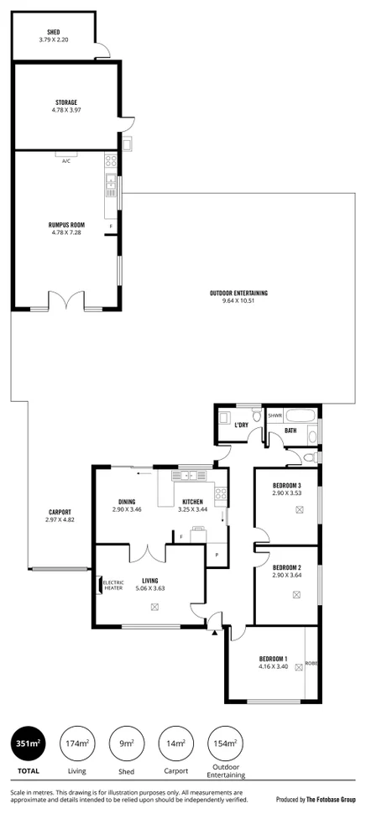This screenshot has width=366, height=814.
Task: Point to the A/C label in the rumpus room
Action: [65, 161]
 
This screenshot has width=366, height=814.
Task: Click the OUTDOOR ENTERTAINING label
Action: [238, 292]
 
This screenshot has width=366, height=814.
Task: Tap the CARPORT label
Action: [60, 512]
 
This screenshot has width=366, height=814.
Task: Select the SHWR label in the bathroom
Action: [274, 415]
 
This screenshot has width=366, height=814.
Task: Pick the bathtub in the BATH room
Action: [299, 415]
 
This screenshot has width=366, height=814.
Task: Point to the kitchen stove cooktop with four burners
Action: [221, 493]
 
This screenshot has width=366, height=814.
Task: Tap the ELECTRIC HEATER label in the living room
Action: [112, 584]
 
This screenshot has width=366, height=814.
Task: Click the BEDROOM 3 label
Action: [286, 486]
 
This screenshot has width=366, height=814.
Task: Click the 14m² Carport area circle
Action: [175, 744]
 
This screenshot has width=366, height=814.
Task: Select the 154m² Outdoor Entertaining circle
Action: [225, 744]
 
